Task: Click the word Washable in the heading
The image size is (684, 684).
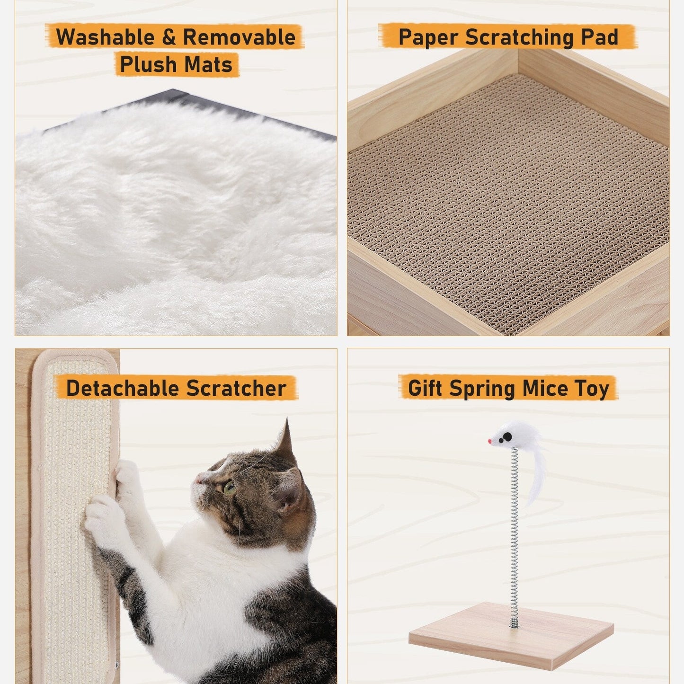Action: point(106,37)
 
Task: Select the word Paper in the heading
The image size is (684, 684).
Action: point(428,37)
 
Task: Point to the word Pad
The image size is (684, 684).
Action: point(600,37)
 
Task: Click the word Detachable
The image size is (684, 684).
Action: point(122,389)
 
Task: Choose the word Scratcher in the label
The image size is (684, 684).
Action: point(236,389)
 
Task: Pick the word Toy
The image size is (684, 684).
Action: point(592,389)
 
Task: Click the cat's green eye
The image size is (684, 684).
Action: point(229,487)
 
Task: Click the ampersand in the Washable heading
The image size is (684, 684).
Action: point(169,37)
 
